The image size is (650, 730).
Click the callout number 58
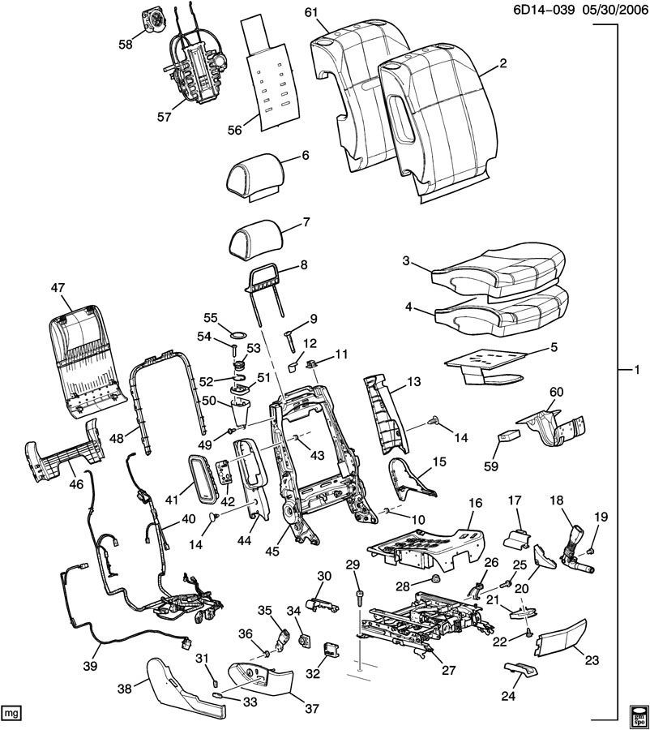click(x=126, y=44)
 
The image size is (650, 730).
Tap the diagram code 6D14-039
click(x=544, y=10)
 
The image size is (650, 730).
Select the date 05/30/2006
click(x=612, y=10)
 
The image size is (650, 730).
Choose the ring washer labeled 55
click(x=239, y=335)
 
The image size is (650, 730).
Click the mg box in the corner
click(x=10, y=713)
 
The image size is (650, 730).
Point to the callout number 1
click(x=637, y=370)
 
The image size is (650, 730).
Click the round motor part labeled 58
click(x=153, y=21)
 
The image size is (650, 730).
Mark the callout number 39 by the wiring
click(x=90, y=666)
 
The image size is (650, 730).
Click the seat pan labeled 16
click(x=427, y=549)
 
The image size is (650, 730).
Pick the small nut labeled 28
click(x=435, y=580)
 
